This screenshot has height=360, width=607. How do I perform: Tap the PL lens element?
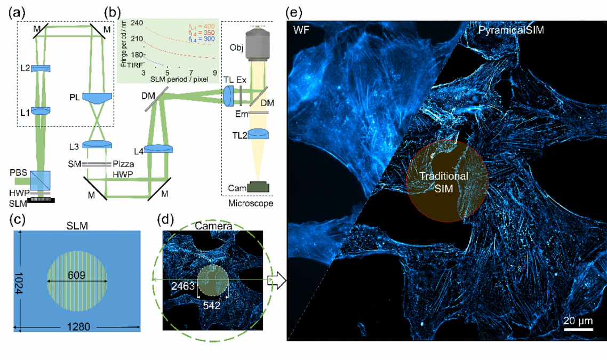pos(97,98)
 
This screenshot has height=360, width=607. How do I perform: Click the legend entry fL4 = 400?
pos(203,25)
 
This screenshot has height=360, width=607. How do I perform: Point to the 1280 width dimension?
pos(76,326)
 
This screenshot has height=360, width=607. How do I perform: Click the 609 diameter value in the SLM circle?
pos(77,274)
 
